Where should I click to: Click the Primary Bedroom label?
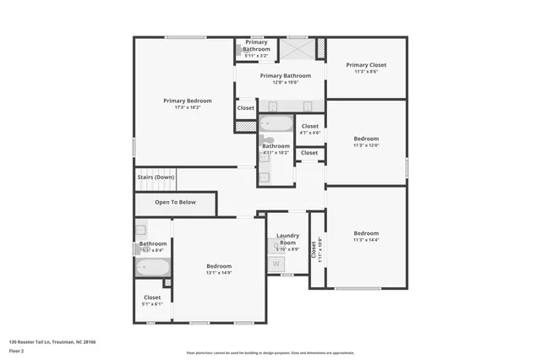(188, 101)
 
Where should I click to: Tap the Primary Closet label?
(366, 65)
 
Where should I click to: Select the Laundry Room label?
(287, 239)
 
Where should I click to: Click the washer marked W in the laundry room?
(276, 264)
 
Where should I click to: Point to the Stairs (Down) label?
(156, 177)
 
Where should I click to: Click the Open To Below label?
(175, 203)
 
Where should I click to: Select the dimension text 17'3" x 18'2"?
(188, 107)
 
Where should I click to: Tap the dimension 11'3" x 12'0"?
(366, 145)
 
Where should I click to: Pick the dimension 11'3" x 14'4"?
(366, 240)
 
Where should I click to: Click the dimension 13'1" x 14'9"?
(218, 273)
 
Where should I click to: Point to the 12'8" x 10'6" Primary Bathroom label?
(280, 76)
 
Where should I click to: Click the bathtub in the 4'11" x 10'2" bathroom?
(276, 123)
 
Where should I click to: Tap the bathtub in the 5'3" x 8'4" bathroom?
(153, 267)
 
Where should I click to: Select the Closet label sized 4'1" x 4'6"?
(310, 126)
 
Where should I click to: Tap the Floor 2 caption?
(17, 351)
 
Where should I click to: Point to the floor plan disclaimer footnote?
(270, 353)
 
